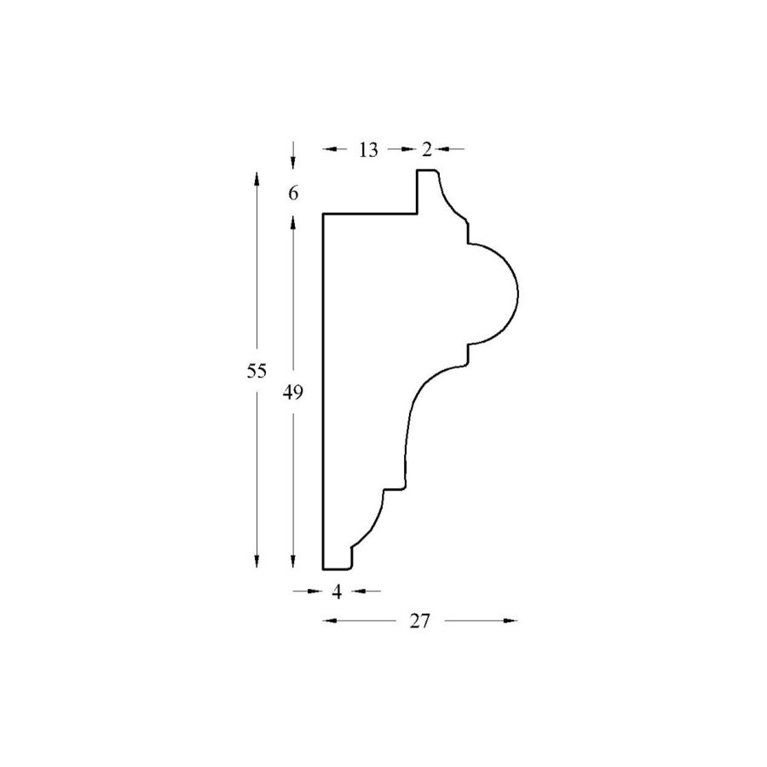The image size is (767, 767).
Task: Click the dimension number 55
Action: coord(257,372)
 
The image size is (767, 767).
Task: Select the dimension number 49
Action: coord(292,392)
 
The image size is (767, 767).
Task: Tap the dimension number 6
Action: coord(293,193)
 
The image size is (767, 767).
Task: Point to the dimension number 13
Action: coord(368,150)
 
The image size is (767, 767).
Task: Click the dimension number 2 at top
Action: coord(427,150)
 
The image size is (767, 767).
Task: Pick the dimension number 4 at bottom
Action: coord(337,592)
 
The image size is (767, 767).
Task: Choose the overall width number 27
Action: coord(419,621)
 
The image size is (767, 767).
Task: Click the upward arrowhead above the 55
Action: coord(257,178)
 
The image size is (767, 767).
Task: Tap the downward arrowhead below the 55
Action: coord(257,562)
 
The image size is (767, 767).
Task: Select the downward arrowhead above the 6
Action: coord(292,163)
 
